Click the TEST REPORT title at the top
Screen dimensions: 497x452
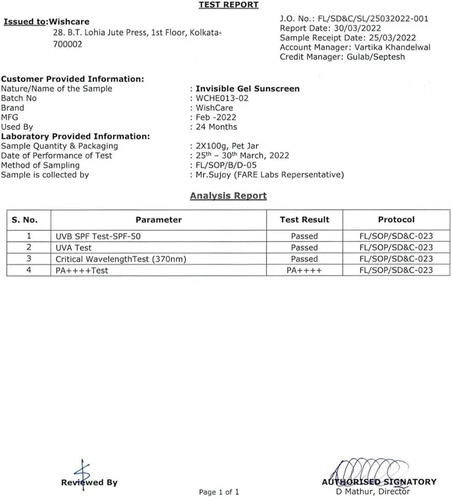(x=228, y=5)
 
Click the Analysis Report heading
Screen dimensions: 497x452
(x=228, y=195)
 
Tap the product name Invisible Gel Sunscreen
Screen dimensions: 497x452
(x=248, y=88)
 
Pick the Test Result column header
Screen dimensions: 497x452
(x=304, y=220)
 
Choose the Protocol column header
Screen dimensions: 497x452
(x=396, y=220)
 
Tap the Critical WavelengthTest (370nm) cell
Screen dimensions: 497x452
(x=121, y=259)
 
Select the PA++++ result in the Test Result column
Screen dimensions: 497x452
(x=304, y=271)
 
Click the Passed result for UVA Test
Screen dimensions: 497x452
(x=304, y=248)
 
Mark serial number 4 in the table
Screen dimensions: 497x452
(x=29, y=270)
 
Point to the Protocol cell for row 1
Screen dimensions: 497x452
(x=396, y=236)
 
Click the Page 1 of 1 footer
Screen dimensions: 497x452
(x=219, y=491)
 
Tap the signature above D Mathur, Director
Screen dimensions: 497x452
(x=370, y=472)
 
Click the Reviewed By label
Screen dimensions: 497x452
(x=89, y=483)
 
